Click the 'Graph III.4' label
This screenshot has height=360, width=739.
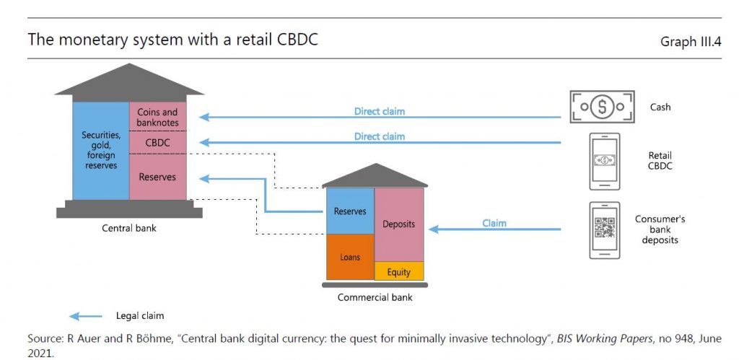coord(691,42)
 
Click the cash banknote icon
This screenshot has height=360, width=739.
coord(602,107)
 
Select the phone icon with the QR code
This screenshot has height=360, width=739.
coord(604,229)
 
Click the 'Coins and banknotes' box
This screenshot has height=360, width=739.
coord(157,117)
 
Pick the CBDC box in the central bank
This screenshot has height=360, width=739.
coord(157,143)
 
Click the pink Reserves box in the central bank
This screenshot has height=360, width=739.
coord(157,177)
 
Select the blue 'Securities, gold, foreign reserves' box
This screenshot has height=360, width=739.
coord(100,150)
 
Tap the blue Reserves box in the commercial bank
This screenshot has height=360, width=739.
coord(350,211)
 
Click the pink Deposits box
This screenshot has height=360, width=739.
coord(399,224)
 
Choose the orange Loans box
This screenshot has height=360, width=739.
coord(350,257)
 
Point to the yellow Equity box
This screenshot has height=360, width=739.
coord(399,271)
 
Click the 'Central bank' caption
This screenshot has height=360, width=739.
coord(129,229)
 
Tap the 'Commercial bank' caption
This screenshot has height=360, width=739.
coord(375,297)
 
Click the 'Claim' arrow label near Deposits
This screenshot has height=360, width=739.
coord(494,224)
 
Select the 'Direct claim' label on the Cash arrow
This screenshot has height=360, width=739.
coord(379,112)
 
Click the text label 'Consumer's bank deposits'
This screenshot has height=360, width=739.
coord(660,229)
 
